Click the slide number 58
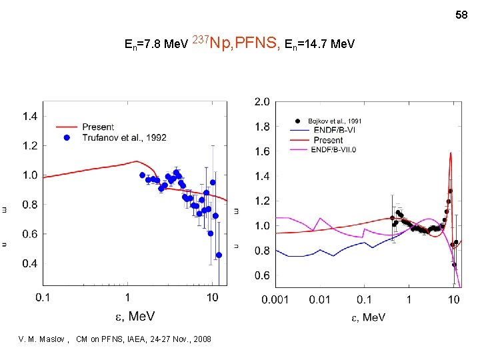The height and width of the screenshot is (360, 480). pyautogui.click(x=462, y=14)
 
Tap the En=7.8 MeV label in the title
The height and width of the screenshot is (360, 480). pyautogui.click(x=156, y=45)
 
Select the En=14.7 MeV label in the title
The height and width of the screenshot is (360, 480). pyautogui.click(x=319, y=45)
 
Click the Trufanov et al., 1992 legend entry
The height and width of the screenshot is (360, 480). pyautogui.click(x=124, y=137)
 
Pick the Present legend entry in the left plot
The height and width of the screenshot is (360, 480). pyautogui.click(x=98, y=127)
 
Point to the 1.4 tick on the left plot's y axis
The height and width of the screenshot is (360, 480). pyautogui.click(x=31, y=117)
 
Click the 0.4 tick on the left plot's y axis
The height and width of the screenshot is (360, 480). pyautogui.click(x=31, y=264)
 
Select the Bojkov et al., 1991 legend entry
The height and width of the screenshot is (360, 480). pyautogui.click(x=334, y=121)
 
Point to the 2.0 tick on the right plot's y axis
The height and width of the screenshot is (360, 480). pyautogui.click(x=262, y=102)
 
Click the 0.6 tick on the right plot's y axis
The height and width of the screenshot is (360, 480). pyautogui.click(x=262, y=275)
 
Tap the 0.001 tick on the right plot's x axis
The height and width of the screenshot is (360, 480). pyautogui.click(x=275, y=300)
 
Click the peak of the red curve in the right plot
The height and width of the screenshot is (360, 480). pyautogui.click(x=451, y=153)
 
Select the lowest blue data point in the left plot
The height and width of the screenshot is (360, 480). pyautogui.click(x=219, y=255)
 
